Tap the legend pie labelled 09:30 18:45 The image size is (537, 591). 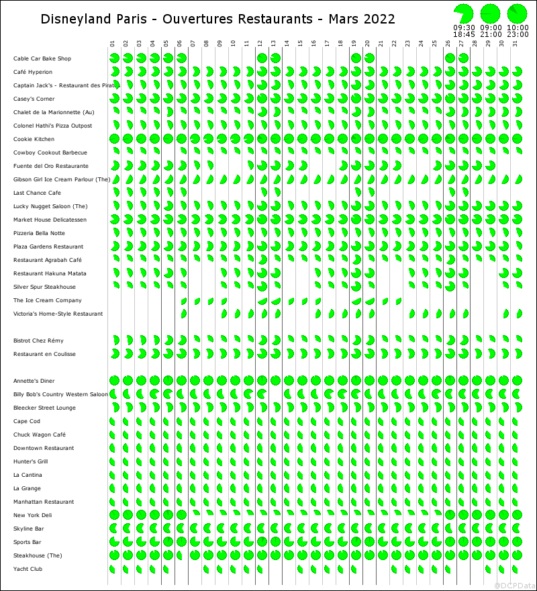(463, 13)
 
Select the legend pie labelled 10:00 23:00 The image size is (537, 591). (517, 13)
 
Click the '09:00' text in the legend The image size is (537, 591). (491, 28)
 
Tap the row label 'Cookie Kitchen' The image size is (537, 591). (34, 139)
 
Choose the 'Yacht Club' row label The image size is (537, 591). (28, 569)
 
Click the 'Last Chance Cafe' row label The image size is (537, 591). (37, 193)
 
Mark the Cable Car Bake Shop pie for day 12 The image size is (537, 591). (262, 58)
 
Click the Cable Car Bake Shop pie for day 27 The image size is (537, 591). (463, 58)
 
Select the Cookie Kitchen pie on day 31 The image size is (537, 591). (517, 139)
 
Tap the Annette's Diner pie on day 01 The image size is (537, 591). (114, 381)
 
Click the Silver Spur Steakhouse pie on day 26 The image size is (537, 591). (450, 287)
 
